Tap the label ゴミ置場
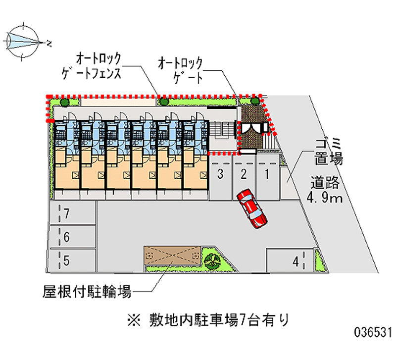click(327, 152)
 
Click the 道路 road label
click(325, 182)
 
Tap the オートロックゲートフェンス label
click(98, 66)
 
